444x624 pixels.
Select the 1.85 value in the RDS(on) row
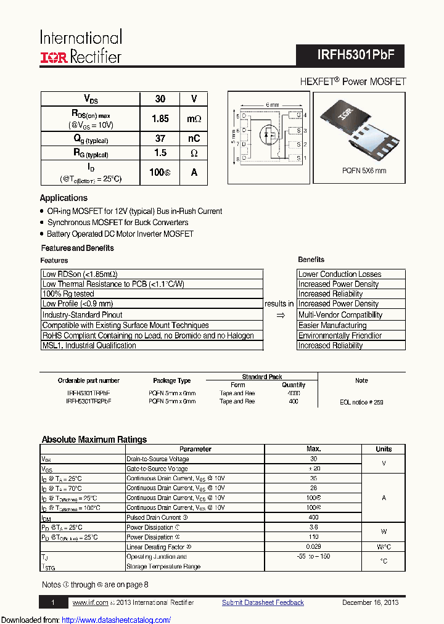[x=160, y=118]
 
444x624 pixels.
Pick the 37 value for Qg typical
[x=160, y=139]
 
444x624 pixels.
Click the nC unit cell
[x=194, y=139]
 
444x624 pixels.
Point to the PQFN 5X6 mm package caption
[x=364, y=171]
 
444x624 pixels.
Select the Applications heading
[x=64, y=198]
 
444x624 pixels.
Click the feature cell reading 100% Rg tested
[x=68, y=294]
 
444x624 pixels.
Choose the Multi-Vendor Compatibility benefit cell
[x=340, y=314]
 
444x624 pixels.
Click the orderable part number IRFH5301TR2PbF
[x=89, y=401]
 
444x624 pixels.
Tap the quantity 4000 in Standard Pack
[x=294, y=393]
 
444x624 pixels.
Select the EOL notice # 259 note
[x=361, y=402]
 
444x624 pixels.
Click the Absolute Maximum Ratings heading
[x=94, y=440]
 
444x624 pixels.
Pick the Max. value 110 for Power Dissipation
[x=313, y=537]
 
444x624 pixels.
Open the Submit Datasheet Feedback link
[x=263, y=602]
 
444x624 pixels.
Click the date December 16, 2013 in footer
[x=370, y=602]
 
